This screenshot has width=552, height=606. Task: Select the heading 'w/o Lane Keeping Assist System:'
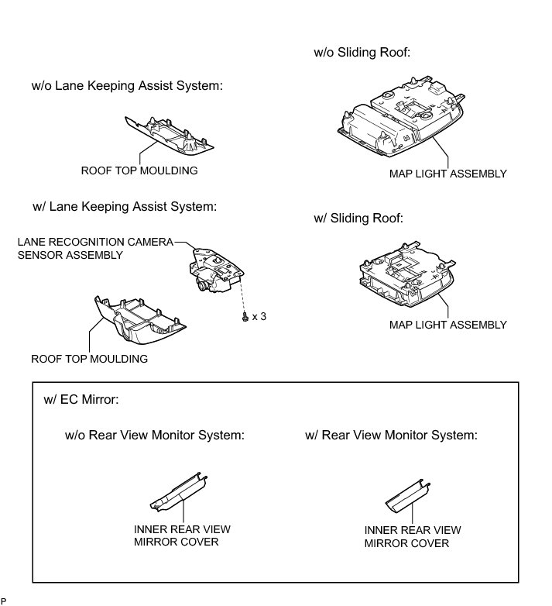tap(127, 86)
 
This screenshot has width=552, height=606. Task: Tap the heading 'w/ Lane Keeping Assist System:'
tap(124, 207)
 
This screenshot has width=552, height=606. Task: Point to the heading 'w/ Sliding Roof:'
tap(358, 219)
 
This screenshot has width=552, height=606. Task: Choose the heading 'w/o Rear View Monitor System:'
tap(155, 435)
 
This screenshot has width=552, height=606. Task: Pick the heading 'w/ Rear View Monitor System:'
tap(391, 435)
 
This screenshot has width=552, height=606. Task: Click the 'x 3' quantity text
tap(259, 317)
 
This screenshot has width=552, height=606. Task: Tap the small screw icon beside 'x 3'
tap(245, 317)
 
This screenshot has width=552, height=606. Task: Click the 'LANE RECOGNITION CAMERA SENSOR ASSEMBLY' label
tap(94, 248)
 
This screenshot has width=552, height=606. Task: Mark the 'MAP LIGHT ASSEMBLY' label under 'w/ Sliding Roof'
tap(447, 325)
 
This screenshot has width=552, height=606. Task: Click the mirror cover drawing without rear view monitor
tap(177, 491)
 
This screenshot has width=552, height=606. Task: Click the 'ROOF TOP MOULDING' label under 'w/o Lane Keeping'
tap(139, 170)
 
